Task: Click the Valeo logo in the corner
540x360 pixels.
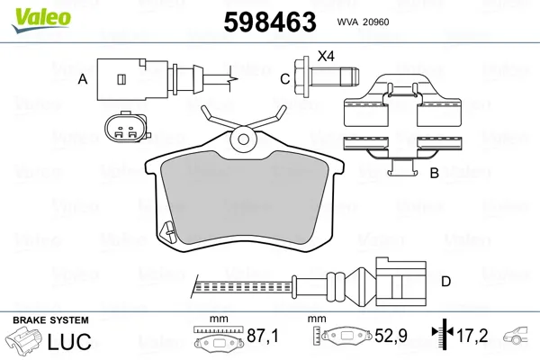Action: [41, 20]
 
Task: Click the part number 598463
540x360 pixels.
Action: [270, 22]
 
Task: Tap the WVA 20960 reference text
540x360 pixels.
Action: [363, 22]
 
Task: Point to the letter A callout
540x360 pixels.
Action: [83, 79]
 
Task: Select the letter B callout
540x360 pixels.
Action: [435, 173]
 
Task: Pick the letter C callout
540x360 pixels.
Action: [284, 79]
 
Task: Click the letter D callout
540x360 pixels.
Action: [446, 282]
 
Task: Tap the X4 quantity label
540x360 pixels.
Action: [326, 56]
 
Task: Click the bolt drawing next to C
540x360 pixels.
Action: [327, 76]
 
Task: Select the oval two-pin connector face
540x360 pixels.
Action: [126, 127]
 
